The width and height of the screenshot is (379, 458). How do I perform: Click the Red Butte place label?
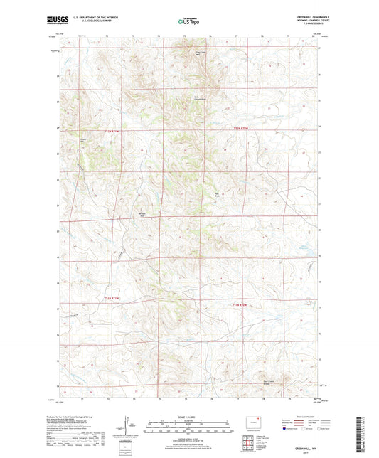point(218,193)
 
